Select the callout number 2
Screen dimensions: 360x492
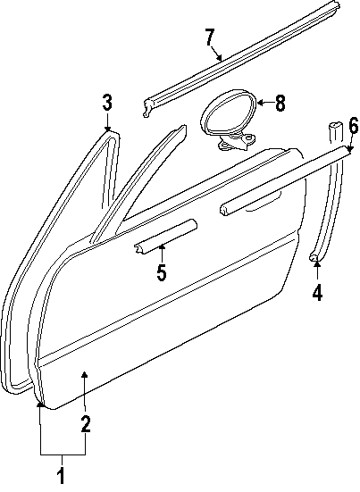coord(85,424)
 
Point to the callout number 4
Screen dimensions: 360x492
coord(317,293)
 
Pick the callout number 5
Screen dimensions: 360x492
coord(162,272)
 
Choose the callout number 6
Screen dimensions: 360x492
coord(353,127)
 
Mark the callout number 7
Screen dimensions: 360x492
coord(210,38)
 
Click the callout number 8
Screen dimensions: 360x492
coord(280,103)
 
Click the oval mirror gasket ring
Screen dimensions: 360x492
coord(205,119)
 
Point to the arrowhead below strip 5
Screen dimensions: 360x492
coord(162,247)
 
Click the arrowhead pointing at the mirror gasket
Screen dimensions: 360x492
coord(260,103)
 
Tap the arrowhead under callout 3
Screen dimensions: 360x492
coord(107,129)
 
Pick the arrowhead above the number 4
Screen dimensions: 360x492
coord(317,264)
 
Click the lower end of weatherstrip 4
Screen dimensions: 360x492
coord(314,257)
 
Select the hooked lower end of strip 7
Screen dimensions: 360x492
coord(147,109)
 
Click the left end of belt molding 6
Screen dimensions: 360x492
coord(224,209)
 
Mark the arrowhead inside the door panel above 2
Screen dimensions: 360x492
coord(85,374)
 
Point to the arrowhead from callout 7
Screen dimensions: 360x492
coord(220,58)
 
